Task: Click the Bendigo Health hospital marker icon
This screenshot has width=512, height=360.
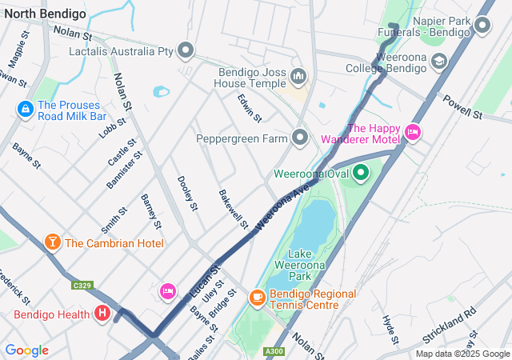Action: (102, 314)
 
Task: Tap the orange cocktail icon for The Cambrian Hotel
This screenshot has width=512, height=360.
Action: (53, 242)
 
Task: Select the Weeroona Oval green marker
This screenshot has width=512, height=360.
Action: (360, 172)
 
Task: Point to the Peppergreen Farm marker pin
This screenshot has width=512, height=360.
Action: (300, 138)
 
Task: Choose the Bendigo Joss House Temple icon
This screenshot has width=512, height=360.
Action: (298, 76)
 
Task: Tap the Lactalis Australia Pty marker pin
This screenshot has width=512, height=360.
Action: (186, 51)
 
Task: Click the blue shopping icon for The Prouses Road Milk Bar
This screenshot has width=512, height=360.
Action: (26, 106)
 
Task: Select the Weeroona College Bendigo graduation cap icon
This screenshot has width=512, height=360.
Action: (438, 61)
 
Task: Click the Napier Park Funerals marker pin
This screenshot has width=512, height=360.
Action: (482, 26)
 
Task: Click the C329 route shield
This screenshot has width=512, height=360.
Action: (81, 285)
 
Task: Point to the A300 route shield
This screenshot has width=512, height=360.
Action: (274, 351)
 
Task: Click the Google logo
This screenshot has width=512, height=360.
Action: (26, 350)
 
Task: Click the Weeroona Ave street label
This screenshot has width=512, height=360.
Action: (282, 206)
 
